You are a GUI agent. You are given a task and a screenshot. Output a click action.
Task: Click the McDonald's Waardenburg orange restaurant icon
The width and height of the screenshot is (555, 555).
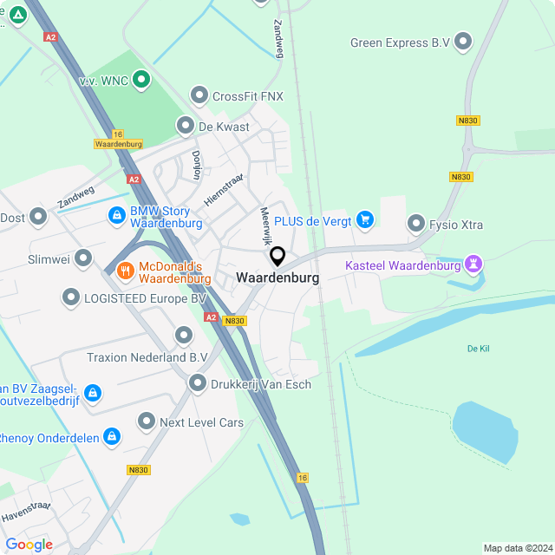126,271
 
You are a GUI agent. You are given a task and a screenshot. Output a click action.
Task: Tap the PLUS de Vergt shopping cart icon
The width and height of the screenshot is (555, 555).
364,221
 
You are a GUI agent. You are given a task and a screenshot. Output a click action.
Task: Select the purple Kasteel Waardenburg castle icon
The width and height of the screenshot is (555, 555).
473,262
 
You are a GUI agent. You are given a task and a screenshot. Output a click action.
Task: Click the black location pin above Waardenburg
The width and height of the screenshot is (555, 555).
277,257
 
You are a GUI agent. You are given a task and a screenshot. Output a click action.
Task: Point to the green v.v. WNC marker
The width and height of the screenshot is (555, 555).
140,82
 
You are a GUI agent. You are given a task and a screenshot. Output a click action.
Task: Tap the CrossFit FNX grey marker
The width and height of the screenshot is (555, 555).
199,95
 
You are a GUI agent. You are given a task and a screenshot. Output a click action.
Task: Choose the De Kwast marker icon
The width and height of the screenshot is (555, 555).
186,127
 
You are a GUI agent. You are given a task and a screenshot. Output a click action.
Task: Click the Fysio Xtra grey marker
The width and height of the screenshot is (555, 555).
416,225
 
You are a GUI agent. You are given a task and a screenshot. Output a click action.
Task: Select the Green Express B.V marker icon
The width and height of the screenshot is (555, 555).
464,42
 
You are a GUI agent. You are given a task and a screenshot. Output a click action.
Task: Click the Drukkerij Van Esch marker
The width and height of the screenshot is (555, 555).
198,383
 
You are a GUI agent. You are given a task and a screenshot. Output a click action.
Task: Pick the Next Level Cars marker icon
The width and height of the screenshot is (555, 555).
147,422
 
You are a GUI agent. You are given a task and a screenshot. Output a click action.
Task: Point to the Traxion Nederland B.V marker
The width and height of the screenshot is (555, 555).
183,335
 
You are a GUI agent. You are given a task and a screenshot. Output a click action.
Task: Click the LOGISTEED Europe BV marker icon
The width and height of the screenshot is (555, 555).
71,298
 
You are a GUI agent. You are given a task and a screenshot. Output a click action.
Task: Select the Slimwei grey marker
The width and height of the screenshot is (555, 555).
83,258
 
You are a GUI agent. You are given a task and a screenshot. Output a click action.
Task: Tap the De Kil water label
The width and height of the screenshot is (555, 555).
479,349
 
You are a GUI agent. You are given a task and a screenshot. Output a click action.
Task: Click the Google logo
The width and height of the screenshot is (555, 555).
29,544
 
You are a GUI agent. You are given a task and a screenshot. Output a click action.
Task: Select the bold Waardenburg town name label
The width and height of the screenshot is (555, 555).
277,278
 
